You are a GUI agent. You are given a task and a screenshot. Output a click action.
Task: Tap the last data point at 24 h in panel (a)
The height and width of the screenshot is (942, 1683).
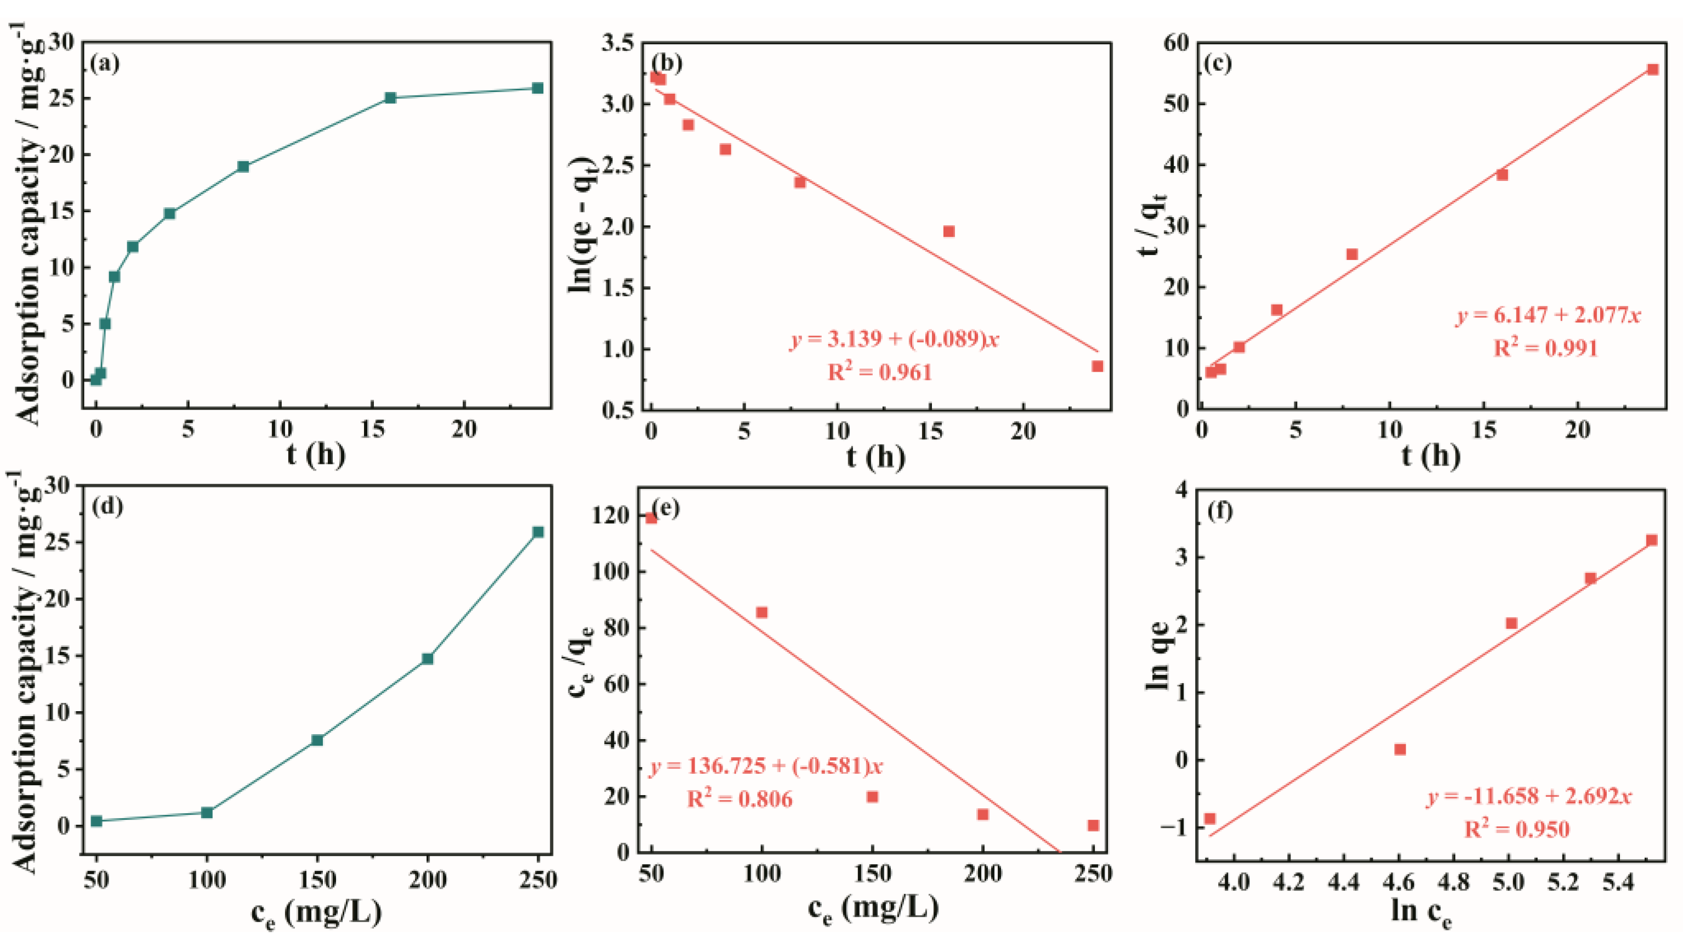[x=538, y=88]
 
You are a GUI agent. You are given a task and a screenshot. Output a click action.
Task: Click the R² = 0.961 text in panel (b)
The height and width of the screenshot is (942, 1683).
[x=879, y=372]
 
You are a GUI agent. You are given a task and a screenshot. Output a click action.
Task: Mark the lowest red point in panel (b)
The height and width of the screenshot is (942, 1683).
[x=1097, y=366]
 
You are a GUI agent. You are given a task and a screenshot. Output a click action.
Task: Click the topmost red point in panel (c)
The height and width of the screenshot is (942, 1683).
[x=1652, y=69]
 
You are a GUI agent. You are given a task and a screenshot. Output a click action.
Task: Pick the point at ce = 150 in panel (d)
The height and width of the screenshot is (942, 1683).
[x=317, y=740]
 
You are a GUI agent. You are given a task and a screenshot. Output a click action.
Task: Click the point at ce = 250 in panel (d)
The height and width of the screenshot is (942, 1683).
[x=538, y=532]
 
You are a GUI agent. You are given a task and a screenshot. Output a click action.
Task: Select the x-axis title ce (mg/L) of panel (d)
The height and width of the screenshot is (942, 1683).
[x=316, y=911]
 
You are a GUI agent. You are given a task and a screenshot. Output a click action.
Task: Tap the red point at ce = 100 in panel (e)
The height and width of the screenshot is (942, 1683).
[x=761, y=612]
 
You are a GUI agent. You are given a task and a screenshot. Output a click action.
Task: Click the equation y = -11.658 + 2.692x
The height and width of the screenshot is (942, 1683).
[x=1529, y=796]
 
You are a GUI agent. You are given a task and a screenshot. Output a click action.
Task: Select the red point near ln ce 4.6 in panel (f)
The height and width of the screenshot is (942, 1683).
[x=1400, y=750]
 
